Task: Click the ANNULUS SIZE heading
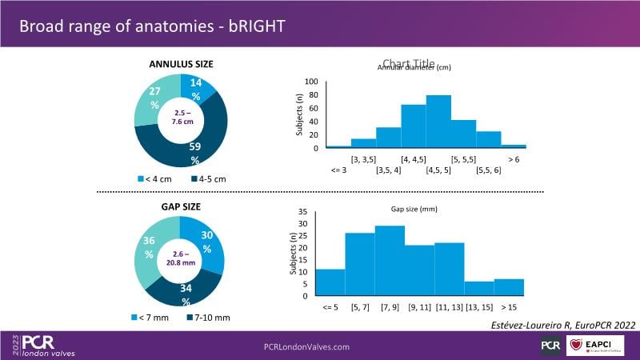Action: click(181, 64)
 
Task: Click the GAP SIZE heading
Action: click(180, 206)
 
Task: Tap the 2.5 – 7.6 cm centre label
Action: click(181, 118)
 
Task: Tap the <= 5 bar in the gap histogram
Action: click(330, 282)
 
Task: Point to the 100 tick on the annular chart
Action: click(312, 82)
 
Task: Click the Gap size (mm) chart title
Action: click(414, 209)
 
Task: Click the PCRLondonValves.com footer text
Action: click(307, 346)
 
